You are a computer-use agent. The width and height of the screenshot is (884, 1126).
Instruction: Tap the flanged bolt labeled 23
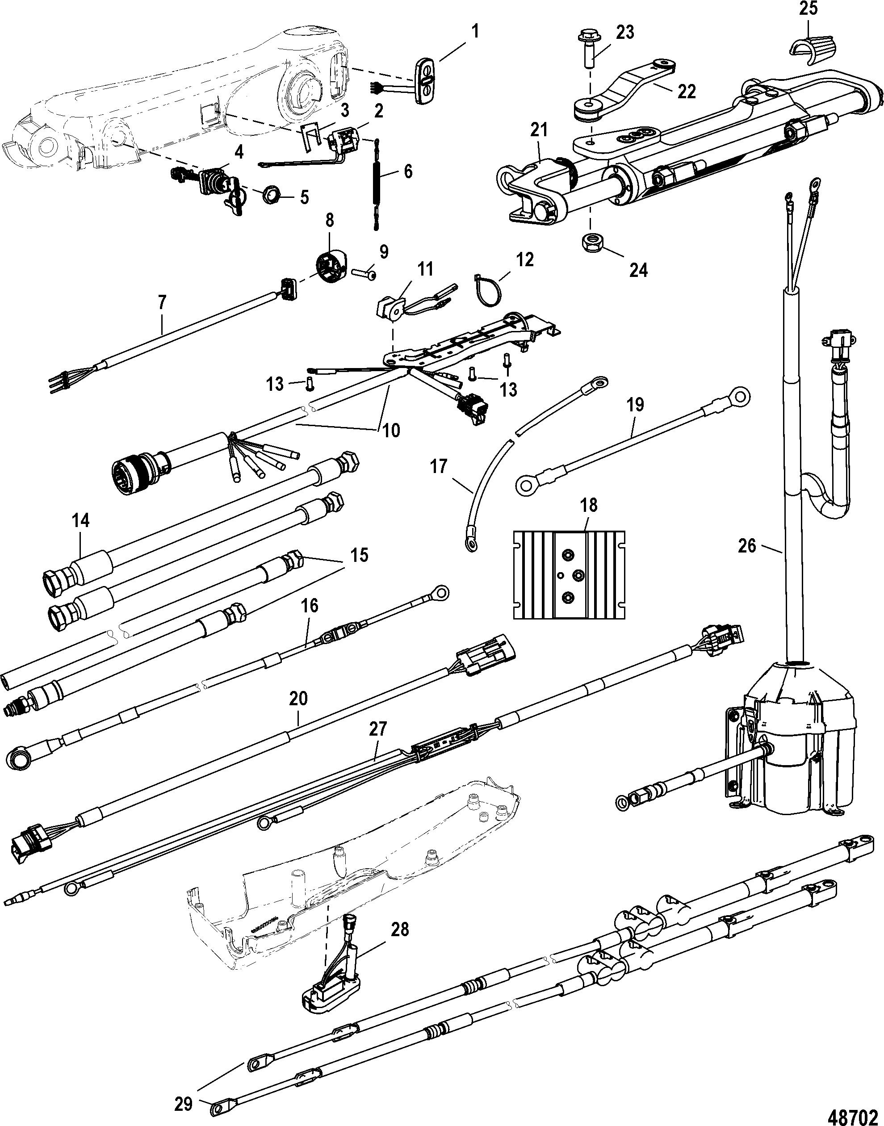[589, 49]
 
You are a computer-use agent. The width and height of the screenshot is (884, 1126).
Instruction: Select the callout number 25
[809, 9]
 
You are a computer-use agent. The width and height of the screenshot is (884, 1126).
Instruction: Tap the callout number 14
[81, 520]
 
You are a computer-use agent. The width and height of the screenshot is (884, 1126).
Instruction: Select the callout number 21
[539, 131]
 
